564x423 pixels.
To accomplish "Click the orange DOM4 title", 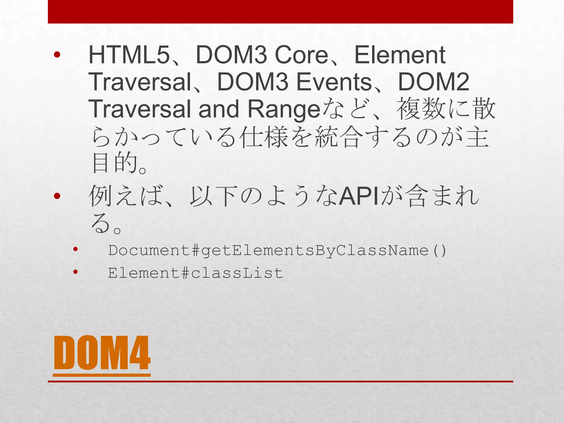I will pos(102,353).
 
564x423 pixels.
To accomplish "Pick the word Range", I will pos(284,110).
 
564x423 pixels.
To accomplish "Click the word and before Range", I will pos(219,109).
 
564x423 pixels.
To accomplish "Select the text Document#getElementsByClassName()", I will pos(277,251).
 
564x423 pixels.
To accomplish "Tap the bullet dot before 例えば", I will pos(57,196).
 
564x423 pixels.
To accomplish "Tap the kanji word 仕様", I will pos(264,137).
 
